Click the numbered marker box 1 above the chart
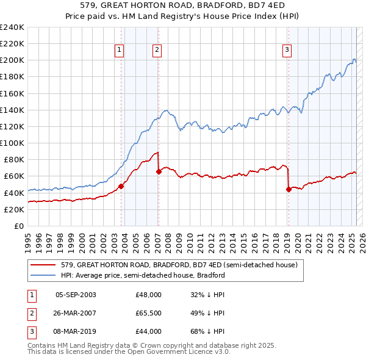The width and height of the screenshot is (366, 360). coord(119,50)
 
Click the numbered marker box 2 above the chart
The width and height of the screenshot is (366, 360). coord(157,50)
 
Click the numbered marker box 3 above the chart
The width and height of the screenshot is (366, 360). coord(287,50)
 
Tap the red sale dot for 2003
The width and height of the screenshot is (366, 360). coord(121,186)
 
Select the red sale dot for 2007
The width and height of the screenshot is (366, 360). coord(159,171)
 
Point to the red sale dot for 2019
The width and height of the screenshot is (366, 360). coord(289,189)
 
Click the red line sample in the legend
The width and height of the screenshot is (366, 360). coord(43,265)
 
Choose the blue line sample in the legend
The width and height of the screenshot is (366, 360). coord(43,275)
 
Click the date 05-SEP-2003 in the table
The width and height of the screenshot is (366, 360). coord(76,295)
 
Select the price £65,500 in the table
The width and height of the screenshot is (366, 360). coord(148,313)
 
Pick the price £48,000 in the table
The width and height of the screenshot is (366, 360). coord(148,295)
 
